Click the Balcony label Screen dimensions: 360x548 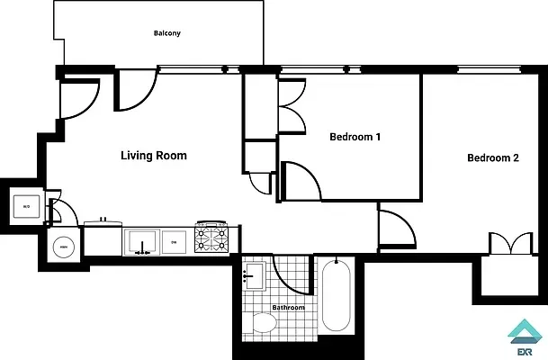pyautogui.click(x=166, y=33)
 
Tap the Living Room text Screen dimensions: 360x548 pyautogui.click(x=154, y=156)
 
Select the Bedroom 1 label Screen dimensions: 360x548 pyautogui.click(x=355, y=138)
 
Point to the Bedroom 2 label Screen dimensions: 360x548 pyautogui.click(x=492, y=158)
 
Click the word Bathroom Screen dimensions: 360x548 pyautogui.click(x=289, y=308)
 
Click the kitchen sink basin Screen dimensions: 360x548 pyautogui.click(x=141, y=241)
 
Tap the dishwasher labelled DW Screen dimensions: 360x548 pyautogui.click(x=175, y=241)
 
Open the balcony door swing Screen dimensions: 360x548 pyautogui.click(x=135, y=90)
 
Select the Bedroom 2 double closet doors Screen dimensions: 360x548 pyautogui.click(x=507, y=244)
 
